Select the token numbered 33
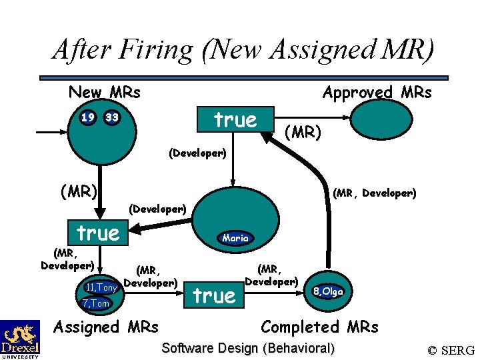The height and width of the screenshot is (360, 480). coord(111,118)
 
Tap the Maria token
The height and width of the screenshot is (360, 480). coord(235,238)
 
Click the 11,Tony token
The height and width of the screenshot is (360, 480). coord(102,287)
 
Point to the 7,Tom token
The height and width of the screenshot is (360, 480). coord(95,304)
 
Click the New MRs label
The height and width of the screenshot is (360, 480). coord(104,92)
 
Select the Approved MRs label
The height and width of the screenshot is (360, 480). coord(377,93)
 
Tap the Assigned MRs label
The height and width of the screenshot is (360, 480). coord(105,327)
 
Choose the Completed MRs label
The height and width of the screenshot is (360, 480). coord(319,327)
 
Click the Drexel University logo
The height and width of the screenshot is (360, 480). coord(19,339)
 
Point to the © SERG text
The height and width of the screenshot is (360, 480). coord(451,350)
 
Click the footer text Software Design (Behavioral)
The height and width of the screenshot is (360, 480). coord(248,348)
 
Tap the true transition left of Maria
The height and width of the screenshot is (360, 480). coord(98,233)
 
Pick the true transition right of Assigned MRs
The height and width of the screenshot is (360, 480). coord(213,295)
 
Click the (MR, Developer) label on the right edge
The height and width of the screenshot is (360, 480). coord(375,193)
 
